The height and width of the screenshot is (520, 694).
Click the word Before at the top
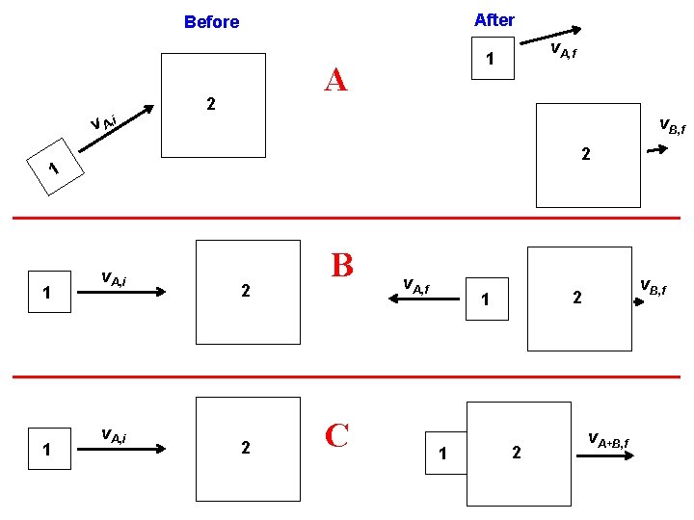coord(211,21)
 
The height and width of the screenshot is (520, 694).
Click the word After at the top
coord(494,19)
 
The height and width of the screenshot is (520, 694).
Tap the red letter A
coord(335,79)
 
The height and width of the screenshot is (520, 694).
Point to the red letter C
coord(337,435)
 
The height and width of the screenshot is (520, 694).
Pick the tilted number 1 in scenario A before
coord(55,169)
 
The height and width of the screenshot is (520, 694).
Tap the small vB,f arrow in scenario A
coord(654,150)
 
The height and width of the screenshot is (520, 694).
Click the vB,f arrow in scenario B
coord(644,300)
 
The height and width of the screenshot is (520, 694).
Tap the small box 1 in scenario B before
coord(47,295)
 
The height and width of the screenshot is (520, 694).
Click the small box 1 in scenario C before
coord(47,450)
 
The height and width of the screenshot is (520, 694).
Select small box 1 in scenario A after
coord(491,60)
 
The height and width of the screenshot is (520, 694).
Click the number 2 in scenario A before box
coord(210,103)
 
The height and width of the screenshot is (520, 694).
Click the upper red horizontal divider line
coord(347,219)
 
